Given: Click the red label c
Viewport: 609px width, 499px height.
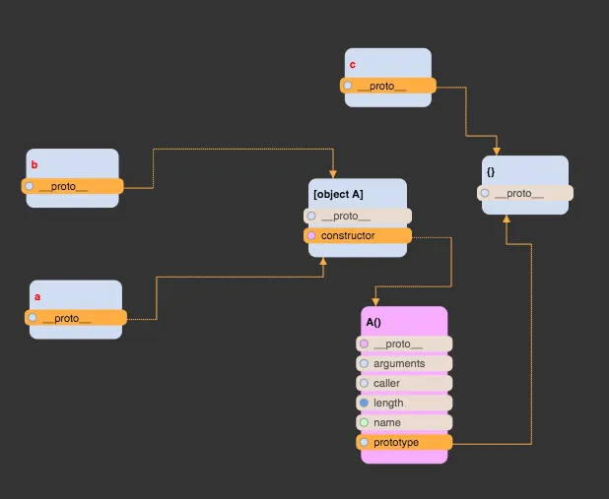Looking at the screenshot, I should point(353,65).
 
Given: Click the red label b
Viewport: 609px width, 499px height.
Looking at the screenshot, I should point(34,165).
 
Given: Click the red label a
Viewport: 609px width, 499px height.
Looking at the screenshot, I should point(37,296).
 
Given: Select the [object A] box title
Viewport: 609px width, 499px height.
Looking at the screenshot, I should point(338,194).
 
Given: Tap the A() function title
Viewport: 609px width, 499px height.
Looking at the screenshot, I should point(373,322).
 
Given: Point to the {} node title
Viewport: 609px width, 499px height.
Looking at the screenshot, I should point(491,171).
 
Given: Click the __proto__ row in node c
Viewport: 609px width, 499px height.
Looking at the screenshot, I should point(388,86).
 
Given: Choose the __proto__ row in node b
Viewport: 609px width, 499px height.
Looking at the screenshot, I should point(72,186).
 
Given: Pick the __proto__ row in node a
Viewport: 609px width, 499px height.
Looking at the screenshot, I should point(76,317).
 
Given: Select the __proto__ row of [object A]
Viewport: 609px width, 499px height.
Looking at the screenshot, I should point(358,216).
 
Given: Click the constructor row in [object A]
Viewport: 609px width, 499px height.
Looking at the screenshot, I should point(358,235).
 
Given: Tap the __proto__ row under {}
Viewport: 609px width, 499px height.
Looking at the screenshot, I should point(525,193).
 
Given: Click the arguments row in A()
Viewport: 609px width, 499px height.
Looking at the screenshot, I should point(404,363).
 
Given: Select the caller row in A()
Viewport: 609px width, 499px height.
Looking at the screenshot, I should point(404,383).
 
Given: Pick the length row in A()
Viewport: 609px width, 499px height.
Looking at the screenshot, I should point(404,403).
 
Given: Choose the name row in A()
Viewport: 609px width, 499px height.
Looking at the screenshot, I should point(404,422).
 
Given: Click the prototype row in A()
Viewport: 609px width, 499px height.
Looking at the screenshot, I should point(404,442).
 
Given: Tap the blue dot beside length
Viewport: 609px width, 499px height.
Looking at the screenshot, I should point(364,403).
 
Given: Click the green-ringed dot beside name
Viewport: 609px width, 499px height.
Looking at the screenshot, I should point(364,422).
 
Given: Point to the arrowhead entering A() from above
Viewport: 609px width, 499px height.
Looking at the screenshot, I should point(375,301).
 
